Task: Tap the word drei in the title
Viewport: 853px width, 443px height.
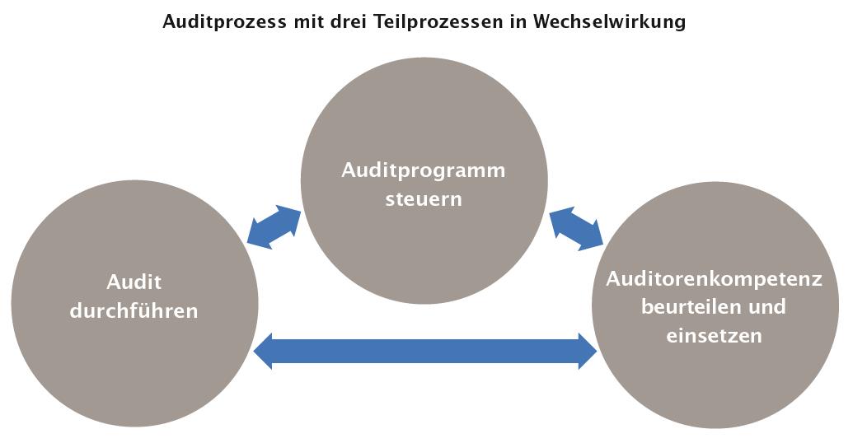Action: pos(349,22)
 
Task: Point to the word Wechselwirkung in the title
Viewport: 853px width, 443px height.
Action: pos(611,22)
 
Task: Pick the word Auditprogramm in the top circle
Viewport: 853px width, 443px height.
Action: pos(424,171)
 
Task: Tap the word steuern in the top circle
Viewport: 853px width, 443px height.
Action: pos(424,199)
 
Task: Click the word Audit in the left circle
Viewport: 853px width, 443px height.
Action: pos(134,282)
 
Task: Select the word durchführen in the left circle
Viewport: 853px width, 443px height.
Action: pos(134,311)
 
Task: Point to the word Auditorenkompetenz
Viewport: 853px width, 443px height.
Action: pos(715,278)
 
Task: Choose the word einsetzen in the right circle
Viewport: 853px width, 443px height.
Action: pos(714,336)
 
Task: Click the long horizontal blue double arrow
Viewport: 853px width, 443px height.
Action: pos(425,352)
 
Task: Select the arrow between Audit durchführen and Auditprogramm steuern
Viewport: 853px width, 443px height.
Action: pos(274,226)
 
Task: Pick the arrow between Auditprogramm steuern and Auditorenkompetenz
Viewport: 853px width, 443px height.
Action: pos(576,228)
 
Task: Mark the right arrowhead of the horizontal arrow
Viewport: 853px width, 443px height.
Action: pos(587,352)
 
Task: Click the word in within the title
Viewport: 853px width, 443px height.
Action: pos(521,22)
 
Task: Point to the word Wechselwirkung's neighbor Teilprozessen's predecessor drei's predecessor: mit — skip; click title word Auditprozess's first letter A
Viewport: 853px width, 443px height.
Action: pos(168,22)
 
